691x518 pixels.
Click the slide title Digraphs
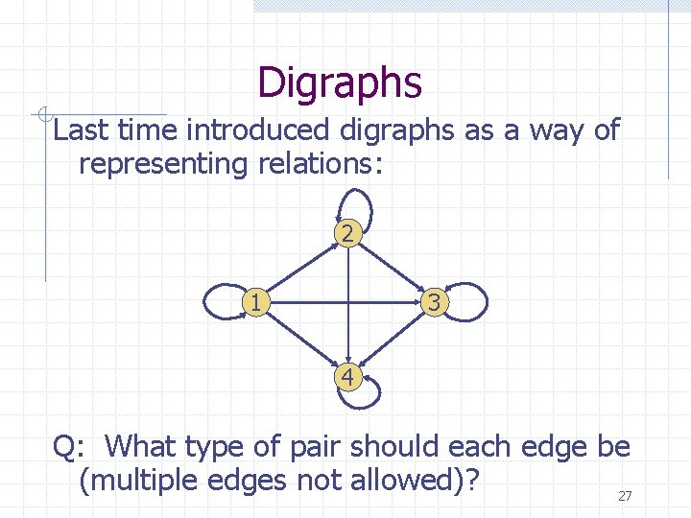(x=340, y=82)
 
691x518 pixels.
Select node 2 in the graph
(x=347, y=233)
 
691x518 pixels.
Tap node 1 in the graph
(x=253, y=303)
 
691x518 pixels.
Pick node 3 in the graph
(x=435, y=303)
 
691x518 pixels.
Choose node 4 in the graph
(x=347, y=377)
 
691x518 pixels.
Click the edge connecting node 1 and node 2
(x=299, y=270)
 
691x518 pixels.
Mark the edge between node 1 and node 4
(x=299, y=340)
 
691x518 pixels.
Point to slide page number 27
(x=625, y=496)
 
